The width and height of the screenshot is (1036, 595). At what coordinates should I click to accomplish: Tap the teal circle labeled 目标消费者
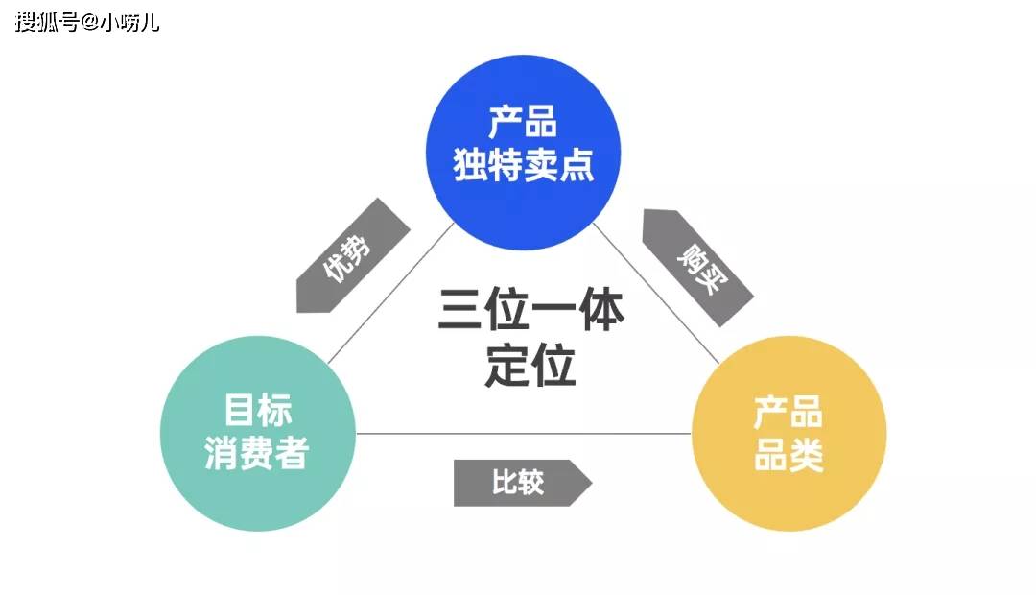(x=257, y=433)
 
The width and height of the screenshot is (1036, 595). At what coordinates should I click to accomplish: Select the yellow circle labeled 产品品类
(x=789, y=433)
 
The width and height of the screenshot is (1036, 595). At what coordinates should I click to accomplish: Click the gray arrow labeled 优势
(x=352, y=256)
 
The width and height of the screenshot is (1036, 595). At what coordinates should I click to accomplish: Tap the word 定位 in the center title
(x=530, y=366)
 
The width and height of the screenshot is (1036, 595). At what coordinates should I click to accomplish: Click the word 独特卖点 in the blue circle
(x=524, y=166)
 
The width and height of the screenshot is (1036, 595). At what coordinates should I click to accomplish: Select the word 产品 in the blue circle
(x=524, y=124)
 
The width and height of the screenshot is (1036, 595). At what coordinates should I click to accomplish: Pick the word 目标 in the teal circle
(x=257, y=410)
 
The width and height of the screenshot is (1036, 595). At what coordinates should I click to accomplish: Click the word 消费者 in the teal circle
(x=257, y=453)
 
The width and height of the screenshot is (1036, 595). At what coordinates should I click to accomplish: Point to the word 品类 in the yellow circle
(x=789, y=456)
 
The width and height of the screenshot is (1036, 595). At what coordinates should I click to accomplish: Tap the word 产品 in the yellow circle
(x=789, y=414)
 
